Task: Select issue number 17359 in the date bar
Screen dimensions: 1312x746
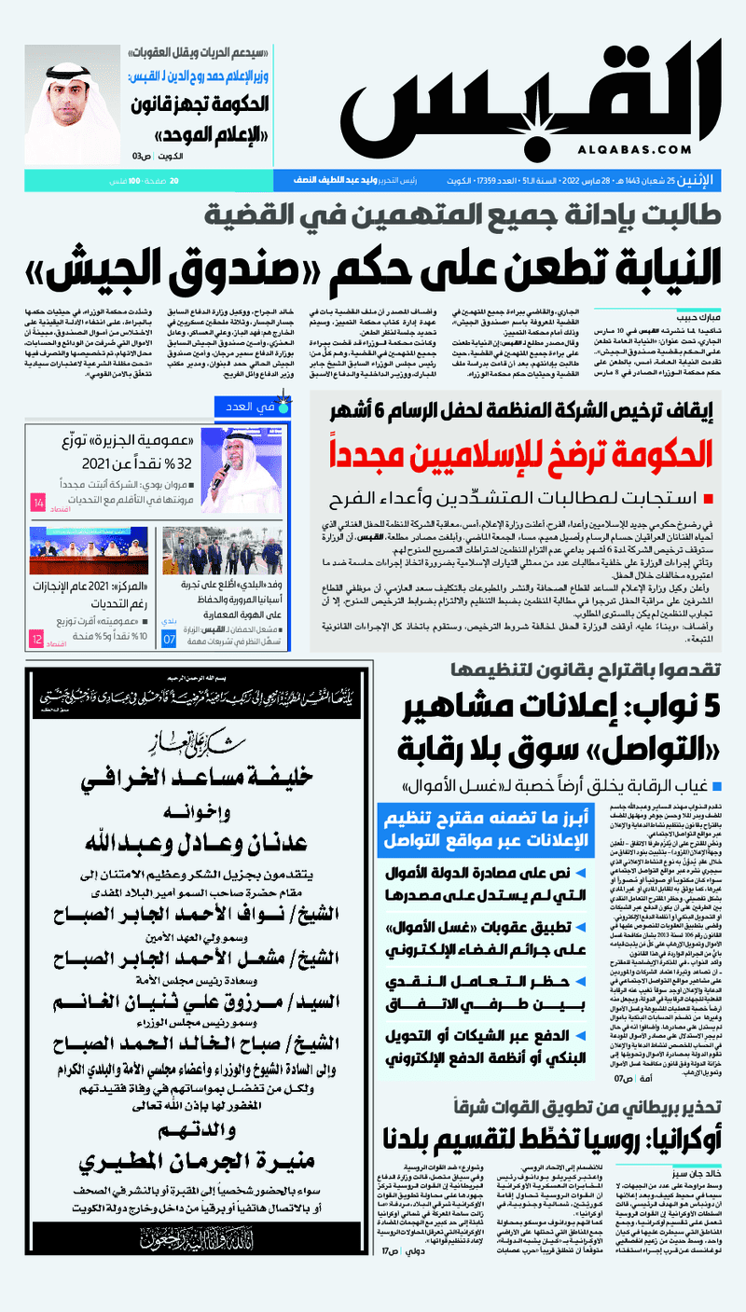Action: click(437, 179)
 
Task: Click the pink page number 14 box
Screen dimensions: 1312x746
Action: click(38, 503)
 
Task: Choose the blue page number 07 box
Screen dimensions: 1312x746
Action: click(170, 640)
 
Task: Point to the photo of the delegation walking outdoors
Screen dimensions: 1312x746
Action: click(204, 549)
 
